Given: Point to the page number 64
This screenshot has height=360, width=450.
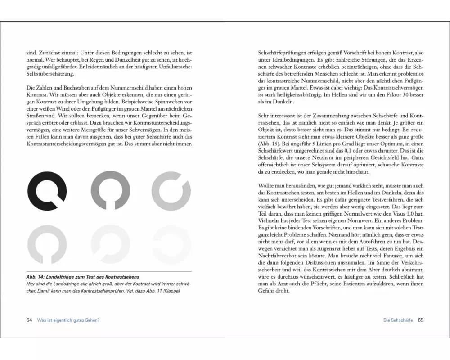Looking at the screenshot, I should pos(29,320).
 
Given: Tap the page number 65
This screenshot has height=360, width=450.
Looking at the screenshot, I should pos(421,320).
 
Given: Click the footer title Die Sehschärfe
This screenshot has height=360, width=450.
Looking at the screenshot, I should pos(398,320).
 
